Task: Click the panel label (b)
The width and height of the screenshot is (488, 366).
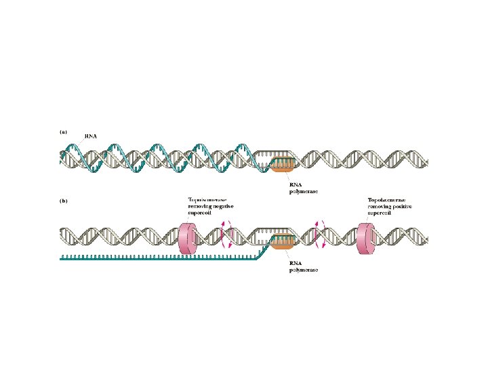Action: pos(64,201)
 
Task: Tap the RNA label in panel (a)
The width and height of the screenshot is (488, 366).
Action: pos(90,136)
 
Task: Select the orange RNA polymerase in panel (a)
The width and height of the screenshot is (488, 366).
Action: pos(283,163)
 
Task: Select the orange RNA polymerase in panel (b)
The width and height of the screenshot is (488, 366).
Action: pos(283,239)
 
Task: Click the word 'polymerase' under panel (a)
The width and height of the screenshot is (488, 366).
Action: pos(303,192)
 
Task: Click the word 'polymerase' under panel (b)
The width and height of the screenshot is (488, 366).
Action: pos(303,269)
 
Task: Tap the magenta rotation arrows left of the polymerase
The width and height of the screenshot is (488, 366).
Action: pos(228,234)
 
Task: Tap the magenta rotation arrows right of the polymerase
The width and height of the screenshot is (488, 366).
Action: pos(319,234)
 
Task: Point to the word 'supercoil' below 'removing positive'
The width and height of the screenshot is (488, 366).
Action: pos(381,212)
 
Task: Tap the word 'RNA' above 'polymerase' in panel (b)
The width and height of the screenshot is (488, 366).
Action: pos(296,262)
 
